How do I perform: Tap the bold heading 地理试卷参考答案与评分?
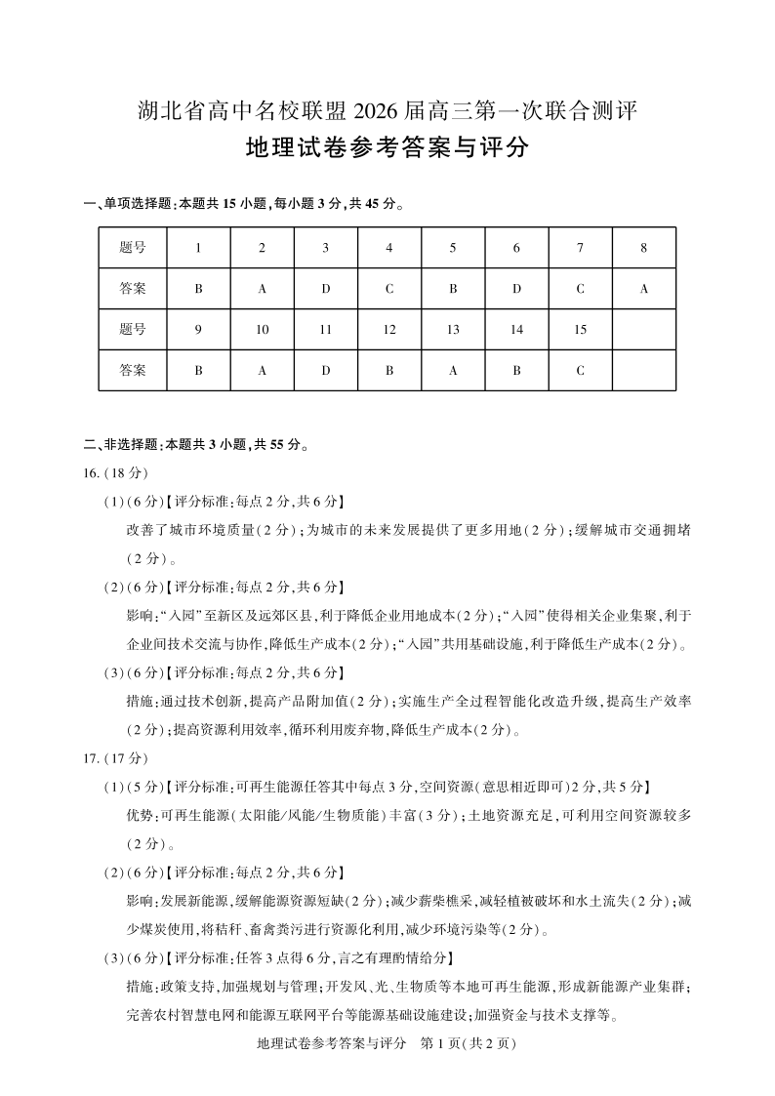pos(387,149)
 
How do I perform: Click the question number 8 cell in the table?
pos(644,248)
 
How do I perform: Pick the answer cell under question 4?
pos(389,289)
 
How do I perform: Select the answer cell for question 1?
pos(198,289)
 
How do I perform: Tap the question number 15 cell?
pos(580,330)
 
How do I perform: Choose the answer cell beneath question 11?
pos(326,371)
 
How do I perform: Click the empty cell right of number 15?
pos(644,330)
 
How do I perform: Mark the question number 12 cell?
pos(389,330)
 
